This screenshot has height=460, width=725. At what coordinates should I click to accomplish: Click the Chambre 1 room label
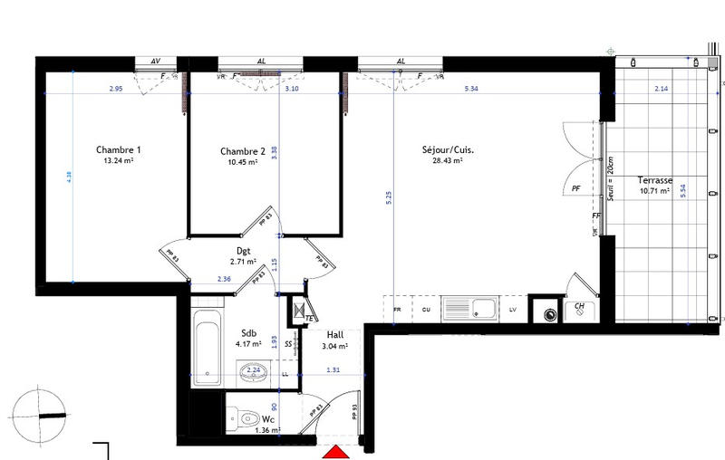point(118,150)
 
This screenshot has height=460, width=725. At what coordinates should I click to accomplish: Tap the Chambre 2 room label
point(243,151)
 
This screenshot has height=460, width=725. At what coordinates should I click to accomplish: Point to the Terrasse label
point(653,180)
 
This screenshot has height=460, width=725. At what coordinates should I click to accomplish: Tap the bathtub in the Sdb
point(208,345)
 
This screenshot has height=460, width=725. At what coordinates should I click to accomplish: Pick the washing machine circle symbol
point(548,315)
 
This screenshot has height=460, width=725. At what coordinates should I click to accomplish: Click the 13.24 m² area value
point(119,162)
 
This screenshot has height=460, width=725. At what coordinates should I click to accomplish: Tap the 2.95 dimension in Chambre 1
point(115,90)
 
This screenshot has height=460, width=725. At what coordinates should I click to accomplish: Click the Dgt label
point(243,252)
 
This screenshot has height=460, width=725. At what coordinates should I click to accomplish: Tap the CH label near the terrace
point(580,307)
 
